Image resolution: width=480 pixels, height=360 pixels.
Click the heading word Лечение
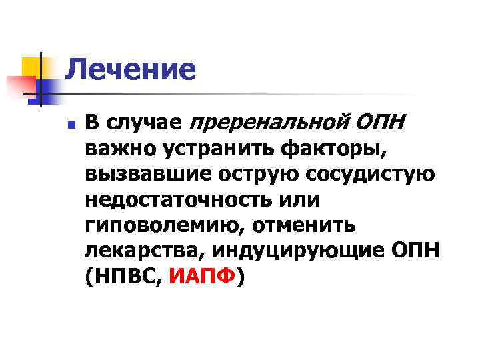[x=131, y=69]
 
